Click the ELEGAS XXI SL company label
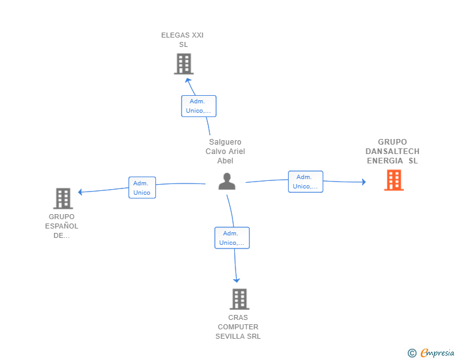[x=182, y=40]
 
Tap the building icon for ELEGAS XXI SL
[x=184, y=64]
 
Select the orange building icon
[x=394, y=180]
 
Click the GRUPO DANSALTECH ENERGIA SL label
[x=392, y=152]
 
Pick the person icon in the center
[x=227, y=181]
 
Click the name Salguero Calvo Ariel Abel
[x=225, y=152]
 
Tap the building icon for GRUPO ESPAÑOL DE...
[x=63, y=198]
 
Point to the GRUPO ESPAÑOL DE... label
[x=61, y=226]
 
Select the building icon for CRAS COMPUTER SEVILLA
[x=240, y=299]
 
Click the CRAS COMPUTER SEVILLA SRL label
[x=238, y=327]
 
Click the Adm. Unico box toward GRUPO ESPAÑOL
[x=142, y=188]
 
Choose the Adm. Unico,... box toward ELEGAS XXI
[x=199, y=106]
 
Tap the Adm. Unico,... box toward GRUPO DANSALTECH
[x=306, y=182]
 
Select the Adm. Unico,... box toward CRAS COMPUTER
[x=232, y=238]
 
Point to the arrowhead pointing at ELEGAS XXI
[x=188, y=81]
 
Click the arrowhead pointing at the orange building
[x=363, y=182]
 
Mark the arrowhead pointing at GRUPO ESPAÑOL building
[x=80, y=192]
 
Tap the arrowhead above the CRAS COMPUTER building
[x=236, y=280]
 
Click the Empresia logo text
[x=437, y=352]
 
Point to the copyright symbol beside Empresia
[x=412, y=353]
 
